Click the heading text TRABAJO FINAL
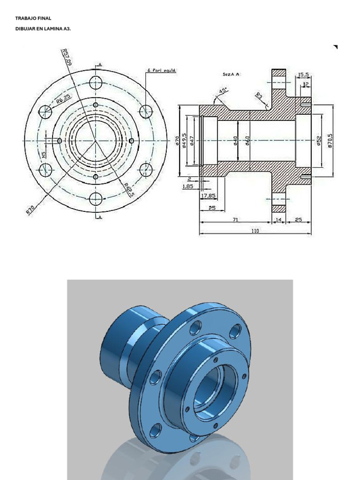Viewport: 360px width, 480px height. [x=33, y=18]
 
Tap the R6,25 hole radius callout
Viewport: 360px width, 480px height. [x=63, y=99]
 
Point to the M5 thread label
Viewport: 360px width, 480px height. [x=43, y=154]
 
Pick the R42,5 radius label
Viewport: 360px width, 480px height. [x=129, y=189]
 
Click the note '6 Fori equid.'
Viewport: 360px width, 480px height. [x=161, y=71]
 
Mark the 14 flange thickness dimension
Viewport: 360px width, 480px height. [x=279, y=219]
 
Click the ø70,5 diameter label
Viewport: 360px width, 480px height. [x=330, y=140]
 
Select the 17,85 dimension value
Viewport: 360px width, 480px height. [x=208, y=195]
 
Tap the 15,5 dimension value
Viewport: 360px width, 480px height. [x=303, y=75]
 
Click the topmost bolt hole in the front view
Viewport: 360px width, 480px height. [x=96, y=83]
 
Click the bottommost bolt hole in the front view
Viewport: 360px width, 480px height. [x=96, y=199]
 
